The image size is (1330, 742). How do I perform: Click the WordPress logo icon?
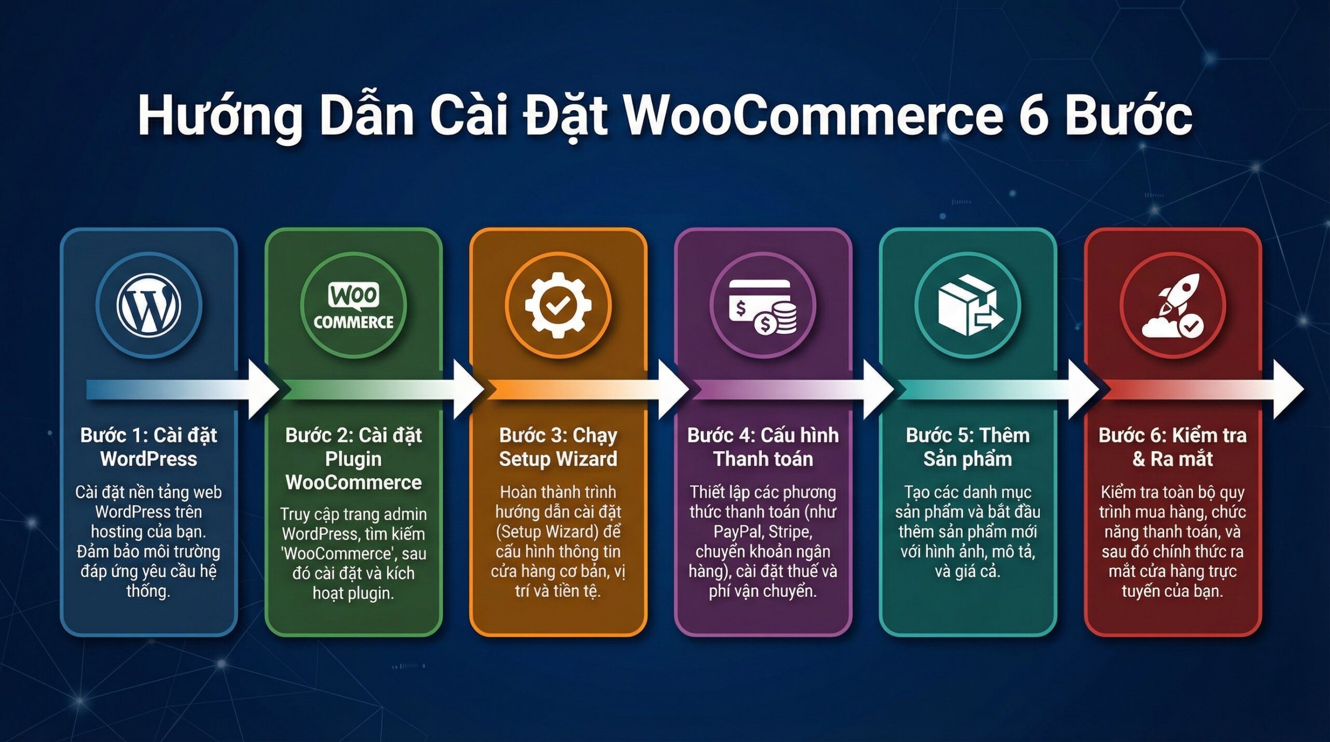[149, 305]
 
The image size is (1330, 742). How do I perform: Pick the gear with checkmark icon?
[558, 305]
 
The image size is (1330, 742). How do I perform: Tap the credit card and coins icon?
[763, 306]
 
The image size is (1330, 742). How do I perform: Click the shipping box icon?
[967, 305]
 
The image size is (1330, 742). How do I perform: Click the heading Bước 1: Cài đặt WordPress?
[149, 447]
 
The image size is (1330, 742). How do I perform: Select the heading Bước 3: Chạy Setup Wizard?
[558, 447]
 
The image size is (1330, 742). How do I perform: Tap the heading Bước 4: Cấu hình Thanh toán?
[763, 447]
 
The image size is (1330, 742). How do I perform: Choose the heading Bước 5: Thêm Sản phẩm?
[967, 447]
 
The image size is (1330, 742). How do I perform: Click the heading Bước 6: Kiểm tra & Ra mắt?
[1173, 447]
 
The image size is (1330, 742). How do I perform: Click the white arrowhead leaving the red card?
[1288, 390]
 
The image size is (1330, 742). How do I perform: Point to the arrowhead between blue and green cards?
[264, 390]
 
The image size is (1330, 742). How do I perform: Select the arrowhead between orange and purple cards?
[673, 390]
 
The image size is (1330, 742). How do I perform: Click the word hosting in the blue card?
[117, 532]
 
